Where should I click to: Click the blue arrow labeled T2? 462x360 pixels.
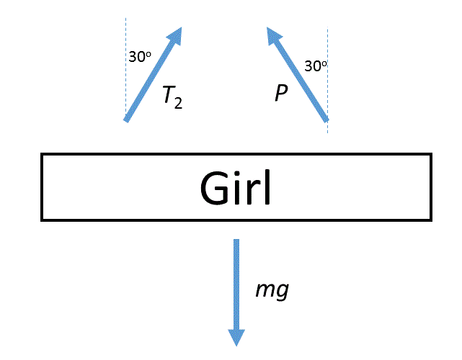[153, 74]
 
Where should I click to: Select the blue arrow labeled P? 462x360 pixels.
[297, 73]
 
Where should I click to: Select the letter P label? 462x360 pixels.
[281, 94]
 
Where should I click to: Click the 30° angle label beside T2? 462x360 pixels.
[140, 57]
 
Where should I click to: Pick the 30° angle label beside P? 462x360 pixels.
[316, 66]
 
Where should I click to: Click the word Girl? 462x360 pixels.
[236, 188]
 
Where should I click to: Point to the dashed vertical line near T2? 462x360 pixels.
[125, 72]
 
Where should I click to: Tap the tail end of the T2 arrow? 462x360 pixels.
[127, 120]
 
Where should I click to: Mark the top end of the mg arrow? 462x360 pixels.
[236, 240]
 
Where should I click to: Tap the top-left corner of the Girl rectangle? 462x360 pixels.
[42, 154]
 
